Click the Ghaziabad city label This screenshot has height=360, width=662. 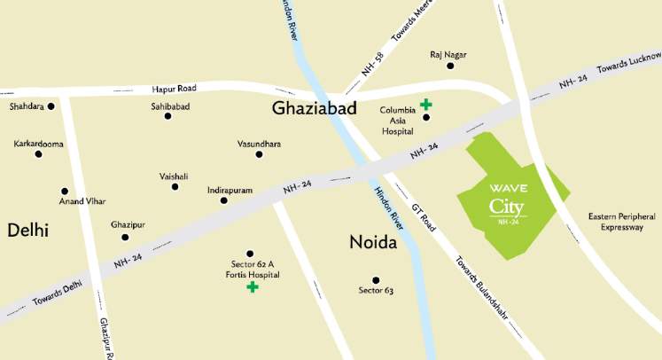click(315, 109)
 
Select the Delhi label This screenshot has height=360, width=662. click(27, 231)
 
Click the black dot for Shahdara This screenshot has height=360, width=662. click(51, 106)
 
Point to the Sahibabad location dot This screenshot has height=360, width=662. click(167, 115)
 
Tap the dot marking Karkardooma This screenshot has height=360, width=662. click(38, 153)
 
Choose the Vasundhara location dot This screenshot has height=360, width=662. click(259, 154)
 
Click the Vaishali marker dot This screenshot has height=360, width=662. click(174, 188)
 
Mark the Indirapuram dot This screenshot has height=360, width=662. click(223, 201)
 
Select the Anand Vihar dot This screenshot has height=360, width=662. click(64, 191)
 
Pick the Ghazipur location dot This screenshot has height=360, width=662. click(125, 237)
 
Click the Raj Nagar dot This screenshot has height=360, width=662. click(448, 66)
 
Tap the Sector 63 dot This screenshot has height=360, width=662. click(376, 280)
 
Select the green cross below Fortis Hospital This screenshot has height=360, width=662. click(253, 287)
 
